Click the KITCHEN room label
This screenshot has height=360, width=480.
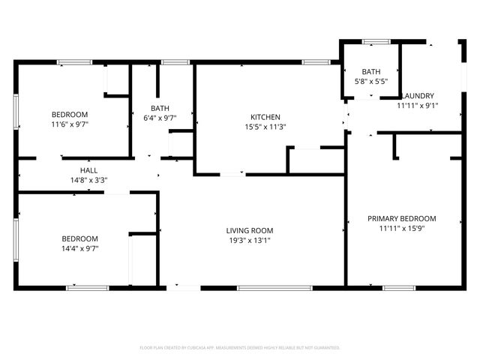pyautogui.click(x=265, y=117)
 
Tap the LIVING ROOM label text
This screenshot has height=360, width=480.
pyautogui.click(x=250, y=230)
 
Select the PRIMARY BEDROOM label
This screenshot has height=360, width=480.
pyautogui.click(x=401, y=219)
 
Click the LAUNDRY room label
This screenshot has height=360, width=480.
pyautogui.click(x=418, y=96)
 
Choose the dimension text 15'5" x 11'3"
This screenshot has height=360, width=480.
pyautogui.click(x=265, y=127)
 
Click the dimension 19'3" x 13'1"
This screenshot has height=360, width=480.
pyautogui.click(x=250, y=240)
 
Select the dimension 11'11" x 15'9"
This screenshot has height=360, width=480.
pyautogui.click(x=401, y=229)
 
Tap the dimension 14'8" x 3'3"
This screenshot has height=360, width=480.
pyautogui.click(x=88, y=180)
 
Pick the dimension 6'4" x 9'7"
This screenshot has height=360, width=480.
pyautogui.click(x=160, y=118)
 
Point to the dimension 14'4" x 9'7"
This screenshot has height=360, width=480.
pyautogui.click(x=79, y=248)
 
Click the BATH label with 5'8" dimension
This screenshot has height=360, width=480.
pyautogui.click(x=370, y=71)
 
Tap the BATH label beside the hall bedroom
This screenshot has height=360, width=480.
pyautogui.click(x=160, y=108)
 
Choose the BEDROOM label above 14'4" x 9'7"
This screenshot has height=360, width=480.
pyautogui.click(x=79, y=238)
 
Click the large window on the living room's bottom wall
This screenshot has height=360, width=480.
pyautogui.click(x=263, y=287)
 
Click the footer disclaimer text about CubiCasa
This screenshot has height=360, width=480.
pyautogui.click(x=240, y=348)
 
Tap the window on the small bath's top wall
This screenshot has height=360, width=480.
pyautogui.click(x=371, y=40)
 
